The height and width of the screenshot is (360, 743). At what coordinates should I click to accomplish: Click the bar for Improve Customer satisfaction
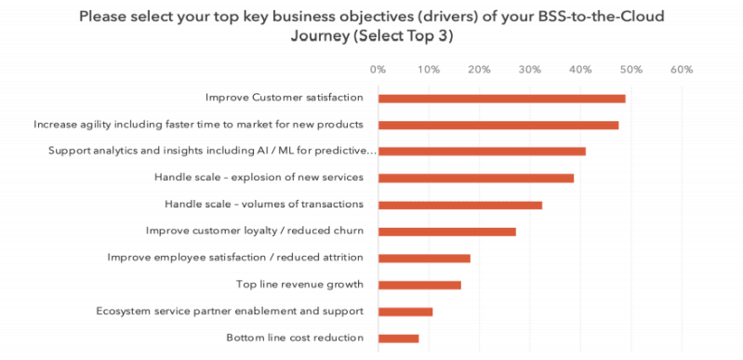[501, 98]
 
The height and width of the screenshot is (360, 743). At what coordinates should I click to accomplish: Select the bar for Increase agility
[498, 125]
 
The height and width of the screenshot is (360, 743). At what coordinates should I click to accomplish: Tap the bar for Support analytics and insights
[482, 151]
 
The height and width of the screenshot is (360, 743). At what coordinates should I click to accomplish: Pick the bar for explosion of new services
[475, 178]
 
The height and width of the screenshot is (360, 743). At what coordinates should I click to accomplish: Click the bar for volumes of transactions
[459, 205]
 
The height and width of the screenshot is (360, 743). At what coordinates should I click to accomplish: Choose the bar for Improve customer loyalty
[446, 231]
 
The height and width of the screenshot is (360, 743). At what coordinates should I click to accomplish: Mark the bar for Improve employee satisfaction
[424, 258]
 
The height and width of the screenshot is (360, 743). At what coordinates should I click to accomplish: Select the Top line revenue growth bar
[419, 285]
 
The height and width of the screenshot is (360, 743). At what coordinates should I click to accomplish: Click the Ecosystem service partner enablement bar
[405, 311]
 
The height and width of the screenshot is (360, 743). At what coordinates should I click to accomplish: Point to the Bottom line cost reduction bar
[398, 338]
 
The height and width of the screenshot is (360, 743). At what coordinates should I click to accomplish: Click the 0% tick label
[378, 69]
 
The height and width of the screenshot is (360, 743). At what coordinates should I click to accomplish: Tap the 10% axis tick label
[429, 69]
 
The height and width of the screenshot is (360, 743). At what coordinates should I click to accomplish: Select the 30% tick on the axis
[530, 69]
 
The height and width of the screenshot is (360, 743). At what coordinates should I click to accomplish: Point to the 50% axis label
[630, 69]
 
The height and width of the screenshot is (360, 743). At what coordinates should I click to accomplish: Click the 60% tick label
[682, 69]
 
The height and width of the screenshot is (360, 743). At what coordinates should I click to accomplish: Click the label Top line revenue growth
[300, 285]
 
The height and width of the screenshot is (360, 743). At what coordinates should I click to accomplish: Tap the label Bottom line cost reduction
[295, 338]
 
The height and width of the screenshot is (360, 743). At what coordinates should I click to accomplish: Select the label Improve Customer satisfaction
[285, 98]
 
